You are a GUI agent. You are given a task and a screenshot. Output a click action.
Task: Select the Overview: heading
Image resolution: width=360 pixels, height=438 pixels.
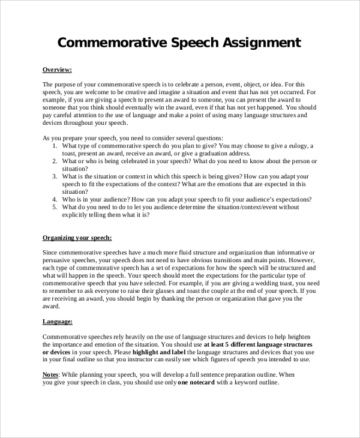pyautogui.click(x=58, y=70)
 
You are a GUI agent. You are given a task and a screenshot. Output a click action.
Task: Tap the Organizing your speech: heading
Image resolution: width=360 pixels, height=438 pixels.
pyautogui.click(x=77, y=238)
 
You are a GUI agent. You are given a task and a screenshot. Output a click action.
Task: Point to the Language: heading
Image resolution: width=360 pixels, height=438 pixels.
pyautogui.click(x=58, y=322)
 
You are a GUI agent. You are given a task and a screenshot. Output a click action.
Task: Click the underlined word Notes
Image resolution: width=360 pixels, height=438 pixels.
pyautogui.click(x=50, y=374)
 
